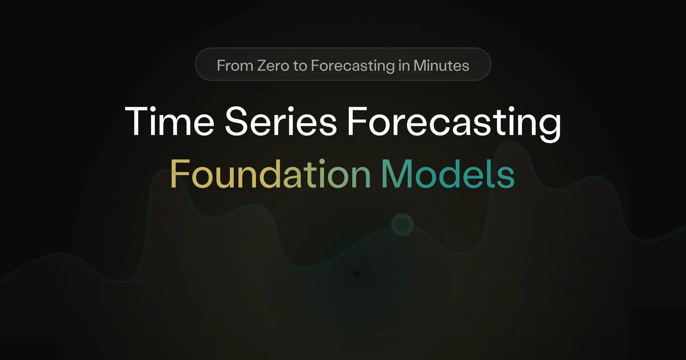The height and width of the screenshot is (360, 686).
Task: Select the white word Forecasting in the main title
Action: coord(454,124)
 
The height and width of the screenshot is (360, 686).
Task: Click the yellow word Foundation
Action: coord(271,173)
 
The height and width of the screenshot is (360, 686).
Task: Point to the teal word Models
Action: coord(448,173)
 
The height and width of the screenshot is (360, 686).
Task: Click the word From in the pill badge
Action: coord(235,66)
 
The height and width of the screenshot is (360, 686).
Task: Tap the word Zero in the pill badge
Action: coord(273,66)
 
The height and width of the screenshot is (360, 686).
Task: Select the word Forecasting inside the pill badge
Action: coord(353,67)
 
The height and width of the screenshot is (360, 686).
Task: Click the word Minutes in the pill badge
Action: coord(441,66)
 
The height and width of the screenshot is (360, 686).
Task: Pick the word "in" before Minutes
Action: coord(404,66)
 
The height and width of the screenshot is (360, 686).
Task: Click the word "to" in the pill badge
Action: coord(300,66)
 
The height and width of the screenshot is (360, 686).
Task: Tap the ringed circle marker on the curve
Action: coord(402,225)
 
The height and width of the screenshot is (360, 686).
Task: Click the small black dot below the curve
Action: coord(357,274)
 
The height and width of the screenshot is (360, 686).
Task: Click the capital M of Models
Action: coord(397,173)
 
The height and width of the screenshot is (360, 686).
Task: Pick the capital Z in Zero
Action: coord(263,66)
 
